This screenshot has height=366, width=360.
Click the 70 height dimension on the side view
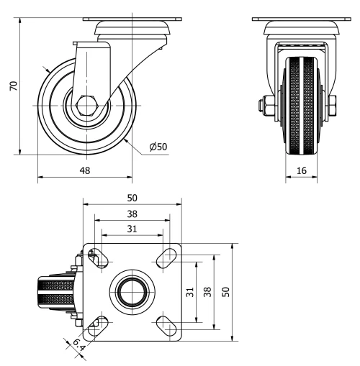(12, 86)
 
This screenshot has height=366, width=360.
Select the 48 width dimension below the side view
(84, 171)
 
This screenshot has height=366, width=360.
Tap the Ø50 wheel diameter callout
(158, 147)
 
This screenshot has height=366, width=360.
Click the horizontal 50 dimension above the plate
(132, 198)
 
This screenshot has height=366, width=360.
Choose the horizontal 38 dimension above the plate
(132, 214)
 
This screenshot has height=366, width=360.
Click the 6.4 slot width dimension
(78, 347)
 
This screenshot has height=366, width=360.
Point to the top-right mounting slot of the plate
(168, 256)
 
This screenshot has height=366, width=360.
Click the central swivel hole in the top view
(132, 291)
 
